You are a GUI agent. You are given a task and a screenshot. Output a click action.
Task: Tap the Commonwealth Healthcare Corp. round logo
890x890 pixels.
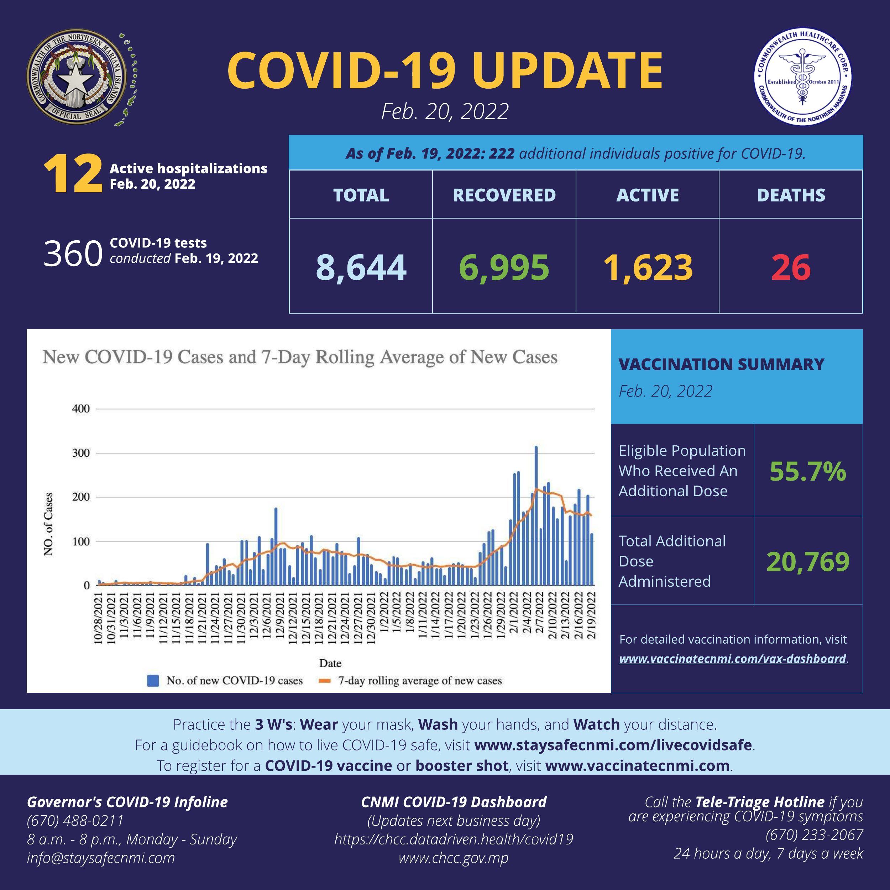tap(802, 77)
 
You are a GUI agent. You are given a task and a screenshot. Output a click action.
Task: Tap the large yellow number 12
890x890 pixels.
tap(73, 174)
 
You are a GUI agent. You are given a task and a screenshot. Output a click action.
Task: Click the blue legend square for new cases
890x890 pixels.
tap(153, 680)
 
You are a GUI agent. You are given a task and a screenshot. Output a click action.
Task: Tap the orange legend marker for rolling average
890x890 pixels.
tap(325, 680)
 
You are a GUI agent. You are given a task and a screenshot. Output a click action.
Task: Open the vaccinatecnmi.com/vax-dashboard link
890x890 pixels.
tap(732, 658)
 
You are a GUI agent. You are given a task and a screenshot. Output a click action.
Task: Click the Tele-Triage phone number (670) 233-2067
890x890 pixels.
tap(814, 835)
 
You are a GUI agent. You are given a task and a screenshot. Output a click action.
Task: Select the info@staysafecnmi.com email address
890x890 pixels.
tap(101, 858)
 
